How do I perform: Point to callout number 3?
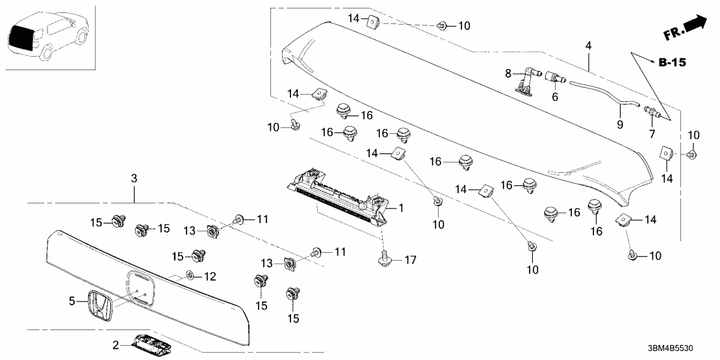coord(134,177)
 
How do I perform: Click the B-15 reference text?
coord(672,63)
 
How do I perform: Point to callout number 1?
coord(401,208)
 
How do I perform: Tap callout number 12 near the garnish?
coord(209,277)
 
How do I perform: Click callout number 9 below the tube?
coord(619,123)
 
